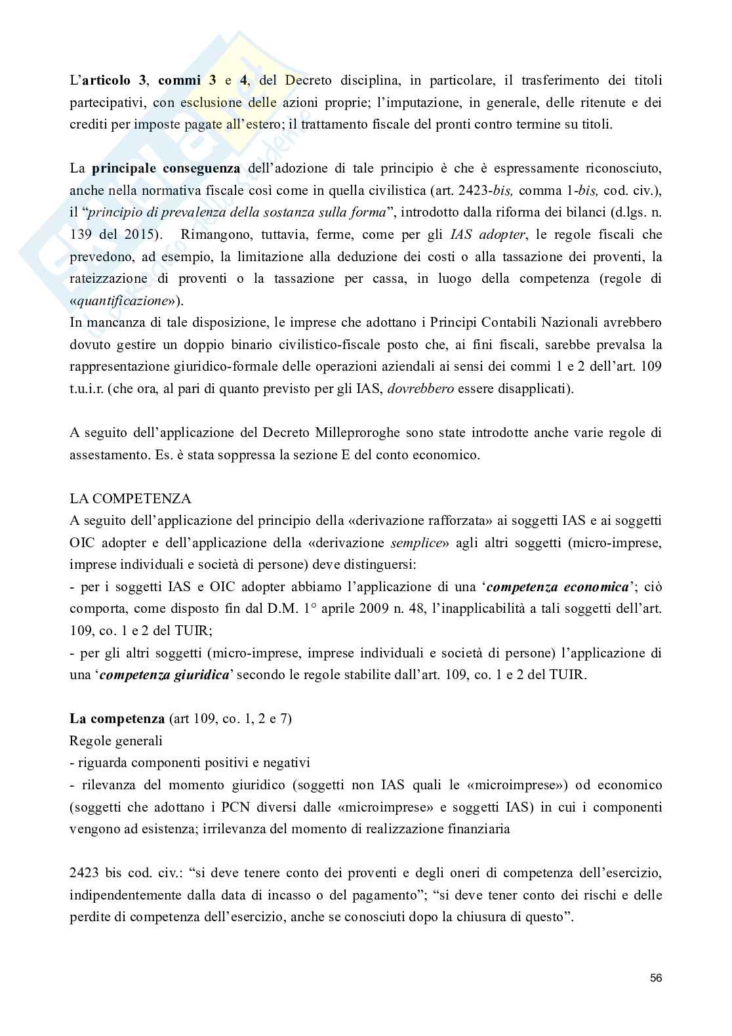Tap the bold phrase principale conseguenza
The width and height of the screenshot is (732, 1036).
click(x=166, y=169)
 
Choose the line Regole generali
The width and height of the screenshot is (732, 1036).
click(x=116, y=741)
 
